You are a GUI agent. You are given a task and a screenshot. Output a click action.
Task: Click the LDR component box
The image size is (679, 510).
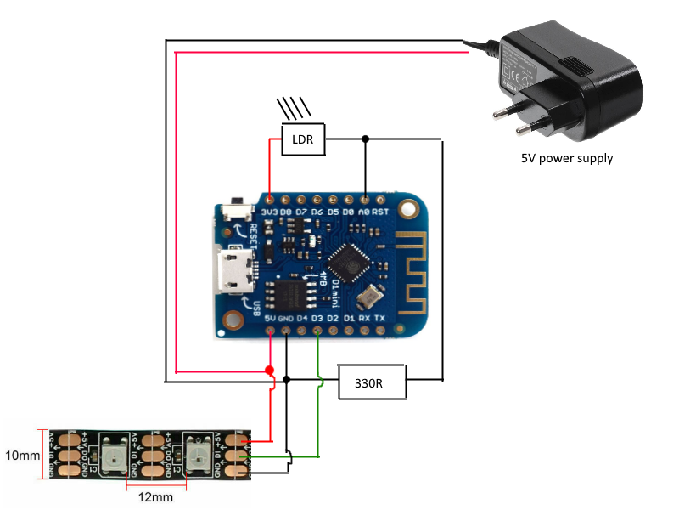(x=303, y=139)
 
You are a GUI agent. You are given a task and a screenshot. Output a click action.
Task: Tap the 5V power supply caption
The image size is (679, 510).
(x=567, y=158)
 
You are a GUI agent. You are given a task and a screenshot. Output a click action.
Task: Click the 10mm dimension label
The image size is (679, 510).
(x=21, y=456)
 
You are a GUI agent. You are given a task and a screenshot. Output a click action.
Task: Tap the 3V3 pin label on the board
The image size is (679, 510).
(x=271, y=211)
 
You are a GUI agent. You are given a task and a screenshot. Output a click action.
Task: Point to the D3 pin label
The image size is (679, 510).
(x=317, y=319)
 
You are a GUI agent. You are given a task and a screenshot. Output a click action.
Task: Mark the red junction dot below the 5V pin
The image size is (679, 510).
(x=270, y=371)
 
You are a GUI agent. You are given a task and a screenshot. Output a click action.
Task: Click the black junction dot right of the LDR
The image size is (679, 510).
(x=365, y=139)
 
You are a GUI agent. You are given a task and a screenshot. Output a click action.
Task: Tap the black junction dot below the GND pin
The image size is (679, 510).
(x=288, y=380)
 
